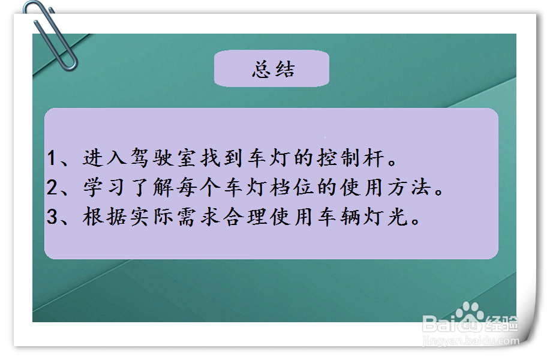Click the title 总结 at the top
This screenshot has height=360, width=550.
(x=274, y=70)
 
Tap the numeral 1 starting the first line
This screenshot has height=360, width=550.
(x=52, y=159)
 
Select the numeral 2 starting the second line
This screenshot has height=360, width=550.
(x=52, y=188)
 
